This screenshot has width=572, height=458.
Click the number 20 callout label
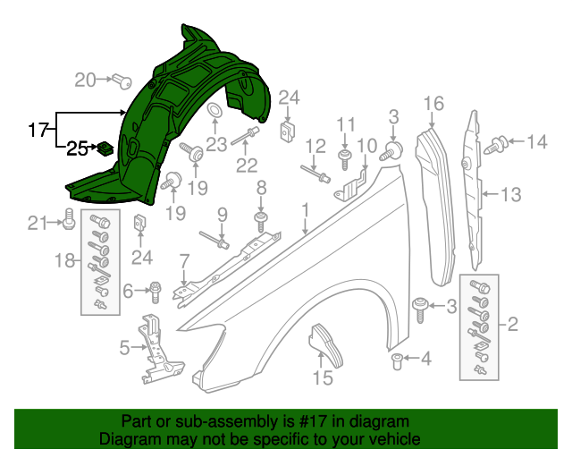pyautogui.click(x=85, y=80)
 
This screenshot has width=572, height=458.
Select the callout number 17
pyautogui.click(x=37, y=131)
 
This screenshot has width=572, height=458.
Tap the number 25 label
pyautogui.click(x=78, y=148)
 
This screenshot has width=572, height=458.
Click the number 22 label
pyautogui.click(x=246, y=165)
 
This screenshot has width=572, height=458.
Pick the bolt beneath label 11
pyautogui.click(x=345, y=159)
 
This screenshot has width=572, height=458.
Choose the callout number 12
pyautogui.click(x=315, y=146)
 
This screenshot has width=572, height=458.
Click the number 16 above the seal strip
pyautogui.click(x=433, y=105)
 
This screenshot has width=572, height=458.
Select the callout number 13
pyautogui.click(x=509, y=193)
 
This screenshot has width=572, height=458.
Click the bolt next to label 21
pyautogui.click(x=69, y=217)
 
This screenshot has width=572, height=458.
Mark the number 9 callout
pyautogui.click(x=222, y=214)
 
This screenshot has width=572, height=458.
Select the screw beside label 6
pyautogui.click(x=156, y=290)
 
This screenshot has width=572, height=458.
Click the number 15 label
pyautogui.click(x=322, y=378)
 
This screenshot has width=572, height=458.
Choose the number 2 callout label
pyautogui.click(x=512, y=323)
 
